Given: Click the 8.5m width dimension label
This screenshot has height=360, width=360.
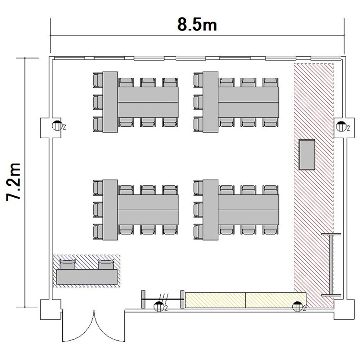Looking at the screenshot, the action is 197,24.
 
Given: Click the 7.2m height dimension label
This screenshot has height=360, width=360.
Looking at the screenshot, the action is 13,182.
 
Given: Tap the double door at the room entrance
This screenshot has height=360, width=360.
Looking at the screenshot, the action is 94,326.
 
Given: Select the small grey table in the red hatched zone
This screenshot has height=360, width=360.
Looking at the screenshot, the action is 307,155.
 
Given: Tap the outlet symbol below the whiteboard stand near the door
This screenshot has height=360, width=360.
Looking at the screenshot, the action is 159,307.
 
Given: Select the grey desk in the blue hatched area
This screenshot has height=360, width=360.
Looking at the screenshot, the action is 87,277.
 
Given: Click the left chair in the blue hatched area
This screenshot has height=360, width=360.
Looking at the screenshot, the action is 68,264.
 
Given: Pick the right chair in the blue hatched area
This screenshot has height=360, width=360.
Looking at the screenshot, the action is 106,264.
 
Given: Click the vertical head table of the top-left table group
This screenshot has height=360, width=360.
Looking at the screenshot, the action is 110,102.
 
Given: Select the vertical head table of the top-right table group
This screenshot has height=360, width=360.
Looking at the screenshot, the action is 210,102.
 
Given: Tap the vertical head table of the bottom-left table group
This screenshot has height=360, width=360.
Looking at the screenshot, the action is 110,210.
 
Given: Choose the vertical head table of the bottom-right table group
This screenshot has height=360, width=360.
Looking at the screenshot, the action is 210,210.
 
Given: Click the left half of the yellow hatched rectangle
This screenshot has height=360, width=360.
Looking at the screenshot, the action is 216,300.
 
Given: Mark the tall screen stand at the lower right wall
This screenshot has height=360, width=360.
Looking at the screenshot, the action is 331,264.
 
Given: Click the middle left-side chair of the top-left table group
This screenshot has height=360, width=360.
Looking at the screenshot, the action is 98,102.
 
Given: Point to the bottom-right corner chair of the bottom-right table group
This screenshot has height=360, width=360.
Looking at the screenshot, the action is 270,229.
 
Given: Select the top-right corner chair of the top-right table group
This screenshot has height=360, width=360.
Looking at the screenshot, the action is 270,83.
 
